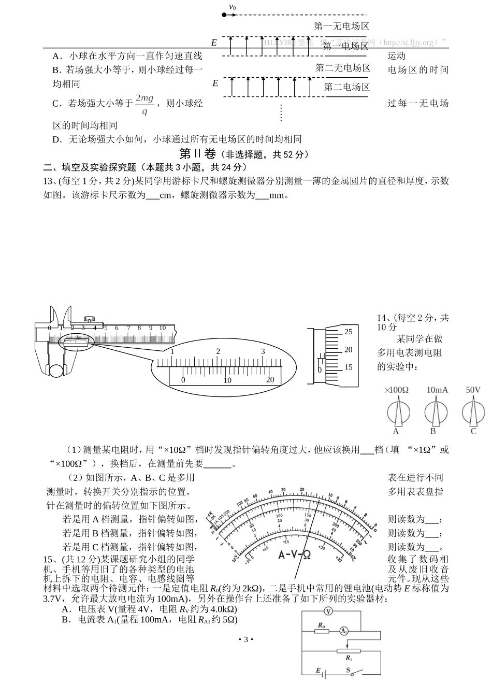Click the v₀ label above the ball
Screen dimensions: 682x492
(x=232, y=7)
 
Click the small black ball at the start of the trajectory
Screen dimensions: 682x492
(x=224, y=15)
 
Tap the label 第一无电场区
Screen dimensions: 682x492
(x=341, y=26)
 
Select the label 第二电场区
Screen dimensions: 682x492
(x=346, y=87)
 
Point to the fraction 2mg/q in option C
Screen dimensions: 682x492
(x=144, y=104)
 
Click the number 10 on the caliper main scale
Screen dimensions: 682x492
(x=162, y=328)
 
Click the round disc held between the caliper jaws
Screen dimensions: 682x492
(x=56, y=371)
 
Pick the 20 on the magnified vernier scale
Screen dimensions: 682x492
(x=270, y=380)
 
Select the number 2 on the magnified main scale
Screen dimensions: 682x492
(x=218, y=351)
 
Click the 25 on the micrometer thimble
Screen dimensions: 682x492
(x=348, y=331)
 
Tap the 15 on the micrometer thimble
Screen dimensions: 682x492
(x=348, y=367)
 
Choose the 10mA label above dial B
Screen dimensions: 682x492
(x=437, y=390)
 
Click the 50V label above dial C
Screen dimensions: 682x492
(x=473, y=390)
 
